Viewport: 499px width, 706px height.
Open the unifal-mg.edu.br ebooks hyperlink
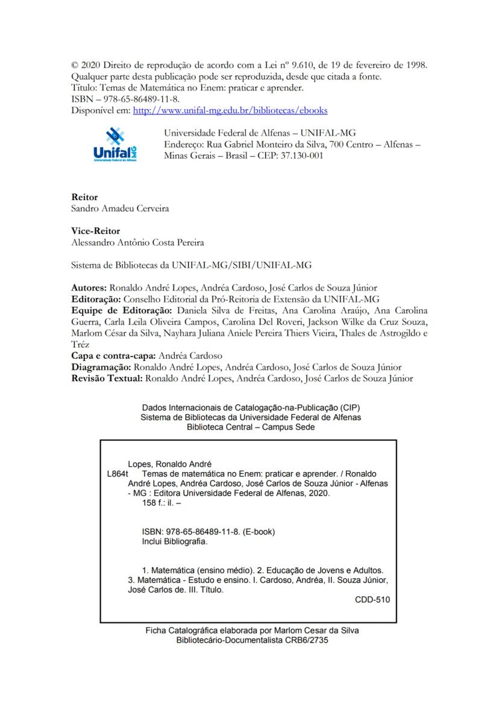point(230,110)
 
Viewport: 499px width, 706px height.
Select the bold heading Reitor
point(84,197)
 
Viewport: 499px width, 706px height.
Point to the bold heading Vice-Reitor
point(95,231)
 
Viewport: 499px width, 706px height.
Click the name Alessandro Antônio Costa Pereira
point(137,242)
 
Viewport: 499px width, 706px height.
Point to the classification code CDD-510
point(372,600)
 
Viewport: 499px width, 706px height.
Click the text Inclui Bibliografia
point(174,541)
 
